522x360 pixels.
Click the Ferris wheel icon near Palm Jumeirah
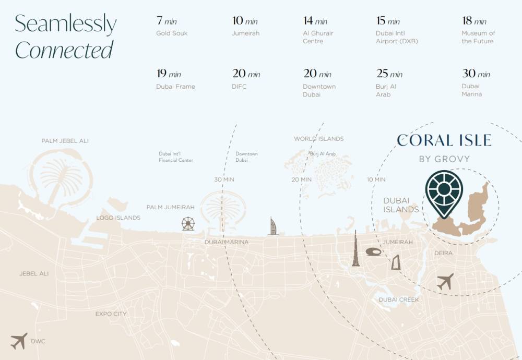pos(188,224)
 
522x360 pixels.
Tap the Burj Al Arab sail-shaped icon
pos(273,226)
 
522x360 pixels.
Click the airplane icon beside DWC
pos(18,341)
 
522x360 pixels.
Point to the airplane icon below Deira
pos(445,282)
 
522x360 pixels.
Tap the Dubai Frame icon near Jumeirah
pos(396,262)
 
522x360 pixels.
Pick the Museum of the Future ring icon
pos(374,252)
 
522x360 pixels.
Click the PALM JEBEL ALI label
pos(65,141)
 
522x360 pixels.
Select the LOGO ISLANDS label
pos(118,218)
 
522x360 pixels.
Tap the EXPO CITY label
pos(111,314)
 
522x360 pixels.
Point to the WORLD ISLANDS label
pos(318,139)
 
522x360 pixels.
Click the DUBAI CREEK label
pos(399,299)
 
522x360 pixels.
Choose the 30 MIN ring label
pos(224,179)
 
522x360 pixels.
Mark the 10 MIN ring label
pos(376,179)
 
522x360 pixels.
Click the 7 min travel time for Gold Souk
pos(167,21)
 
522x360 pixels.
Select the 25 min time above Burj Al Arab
pos(389,74)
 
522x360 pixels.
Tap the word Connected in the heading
pos(64,51)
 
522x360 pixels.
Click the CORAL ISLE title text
pos(444,140)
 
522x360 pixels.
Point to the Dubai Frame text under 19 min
pos(175,87)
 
